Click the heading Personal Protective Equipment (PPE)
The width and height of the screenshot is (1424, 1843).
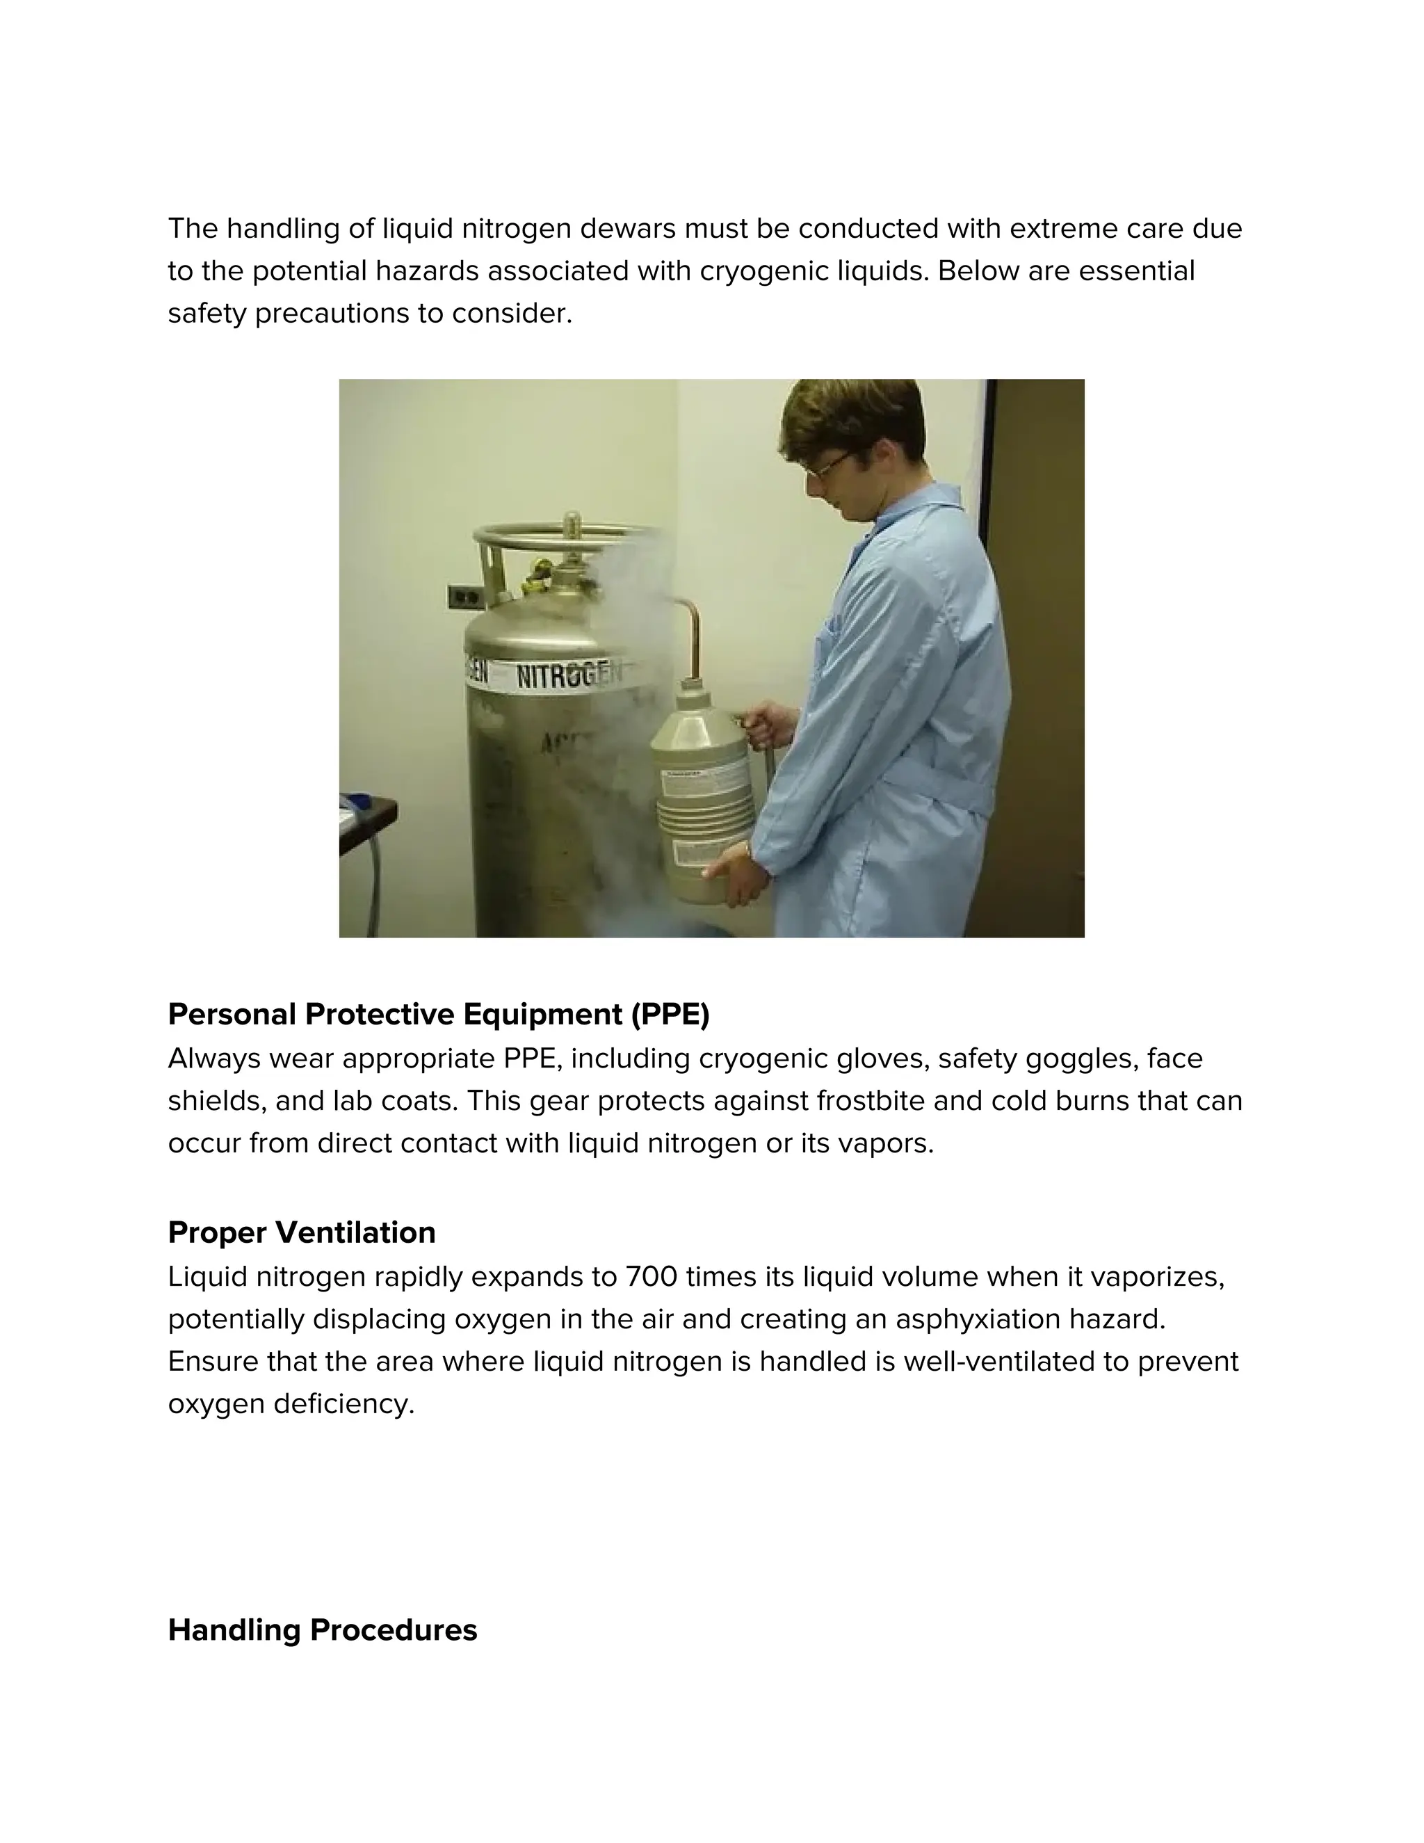(x=439, y=1014)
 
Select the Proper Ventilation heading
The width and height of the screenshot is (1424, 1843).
(x=302, y=1233)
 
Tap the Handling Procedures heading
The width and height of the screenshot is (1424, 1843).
(x=322, y=1629)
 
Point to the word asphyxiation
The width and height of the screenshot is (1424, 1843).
(x=978, y=1319)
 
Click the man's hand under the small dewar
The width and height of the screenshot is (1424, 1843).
(x=734, y=878)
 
